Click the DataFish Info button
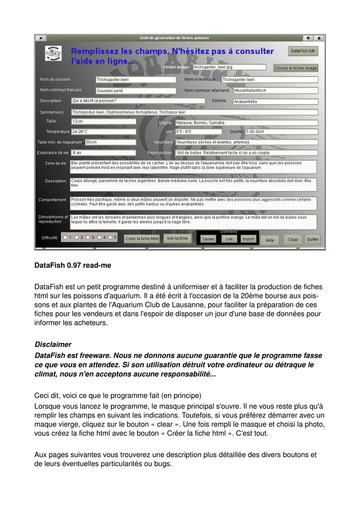[303, 51]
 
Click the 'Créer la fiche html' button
[142, 239]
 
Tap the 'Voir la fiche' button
[177, 239]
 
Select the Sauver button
[208, 239]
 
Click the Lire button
[229, 239]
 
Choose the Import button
[248, 239]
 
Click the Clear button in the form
[293, 240]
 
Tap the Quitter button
[313, 239]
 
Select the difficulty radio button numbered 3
[88, 238]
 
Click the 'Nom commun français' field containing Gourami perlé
[135, 91]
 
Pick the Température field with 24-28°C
[103, 132]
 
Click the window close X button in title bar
[40, 38]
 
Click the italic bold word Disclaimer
[53, 344]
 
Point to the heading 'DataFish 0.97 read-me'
[73, 265]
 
